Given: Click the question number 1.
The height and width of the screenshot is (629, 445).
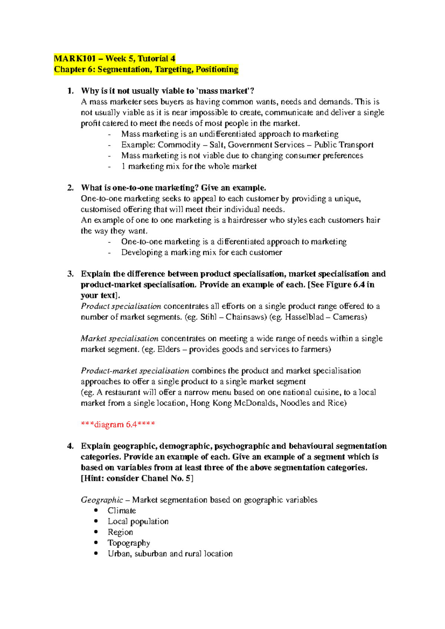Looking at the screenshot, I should [70, 91].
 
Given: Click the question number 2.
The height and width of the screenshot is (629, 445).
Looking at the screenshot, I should [70, 188].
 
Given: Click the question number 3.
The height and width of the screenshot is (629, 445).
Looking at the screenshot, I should [70, 274].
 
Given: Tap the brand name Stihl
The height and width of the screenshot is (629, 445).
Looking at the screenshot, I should [208, 317].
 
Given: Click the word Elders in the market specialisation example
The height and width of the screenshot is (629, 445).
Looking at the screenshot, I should [169, 349].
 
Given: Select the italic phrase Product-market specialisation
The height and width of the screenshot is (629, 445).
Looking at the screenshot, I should [135, 371].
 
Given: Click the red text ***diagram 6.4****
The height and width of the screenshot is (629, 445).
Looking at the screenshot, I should [118, 425].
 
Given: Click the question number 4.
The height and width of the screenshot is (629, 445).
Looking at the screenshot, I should [70, 446].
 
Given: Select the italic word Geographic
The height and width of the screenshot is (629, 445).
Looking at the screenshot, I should [102, 500].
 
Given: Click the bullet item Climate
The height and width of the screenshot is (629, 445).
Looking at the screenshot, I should [122, 511].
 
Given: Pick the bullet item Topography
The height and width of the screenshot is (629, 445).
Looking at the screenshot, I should [129, 543].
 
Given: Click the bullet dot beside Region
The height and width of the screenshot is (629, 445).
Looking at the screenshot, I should [96, 532].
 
